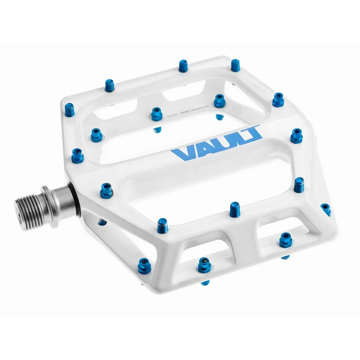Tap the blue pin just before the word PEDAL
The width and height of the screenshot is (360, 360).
[x=157, y=113]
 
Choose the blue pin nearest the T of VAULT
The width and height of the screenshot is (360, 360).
[x=297, y=135]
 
